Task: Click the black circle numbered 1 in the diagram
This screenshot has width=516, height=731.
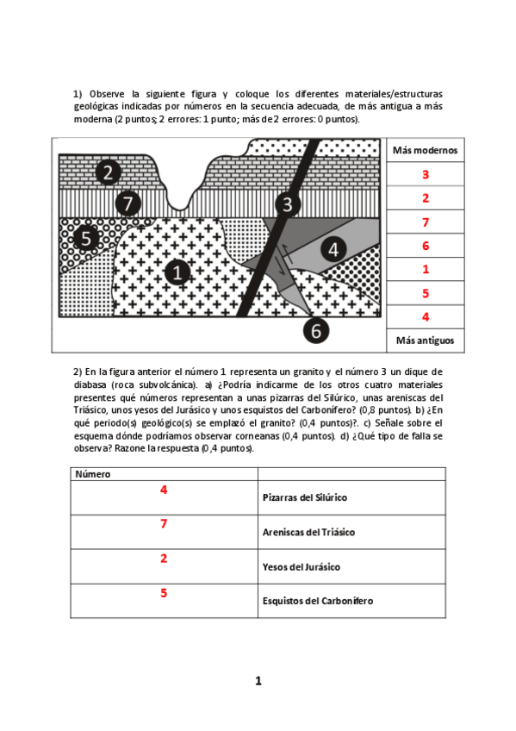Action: (x=177, y=273)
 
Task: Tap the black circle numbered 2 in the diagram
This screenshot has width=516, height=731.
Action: (x=108, y=172)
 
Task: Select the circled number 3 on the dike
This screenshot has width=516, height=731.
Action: (x=288, y=205)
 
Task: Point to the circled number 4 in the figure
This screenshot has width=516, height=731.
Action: (x=333, y=250)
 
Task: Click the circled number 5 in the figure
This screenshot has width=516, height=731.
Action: (x=86, y=238)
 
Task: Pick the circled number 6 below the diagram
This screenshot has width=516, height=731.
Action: (x=316, y=330)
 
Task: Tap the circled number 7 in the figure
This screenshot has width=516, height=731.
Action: (x=127, y=204)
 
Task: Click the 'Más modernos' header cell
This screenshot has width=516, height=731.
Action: (x=425, y=150)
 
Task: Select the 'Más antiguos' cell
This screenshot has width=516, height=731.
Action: (x=425, y=341)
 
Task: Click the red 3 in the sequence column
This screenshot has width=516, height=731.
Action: (x=425, y=175)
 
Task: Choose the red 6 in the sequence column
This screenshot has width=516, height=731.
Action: (x=425, y=246)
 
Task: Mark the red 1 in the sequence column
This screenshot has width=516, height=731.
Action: (x=425, y=269)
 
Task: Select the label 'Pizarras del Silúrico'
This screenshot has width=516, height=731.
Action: (x=305, y=498)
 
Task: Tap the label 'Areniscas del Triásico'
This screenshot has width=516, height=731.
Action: (x=308, y=533)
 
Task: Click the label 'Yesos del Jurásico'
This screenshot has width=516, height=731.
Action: (x=302, y=566)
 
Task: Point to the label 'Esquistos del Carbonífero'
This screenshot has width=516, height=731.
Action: (x=317, y=601)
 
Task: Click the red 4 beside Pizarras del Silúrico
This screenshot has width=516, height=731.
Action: (x=164, y=490)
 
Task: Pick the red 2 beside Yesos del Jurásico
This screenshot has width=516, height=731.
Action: (x=164, y=559)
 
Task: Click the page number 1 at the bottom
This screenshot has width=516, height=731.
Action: (x=258, y=681)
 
